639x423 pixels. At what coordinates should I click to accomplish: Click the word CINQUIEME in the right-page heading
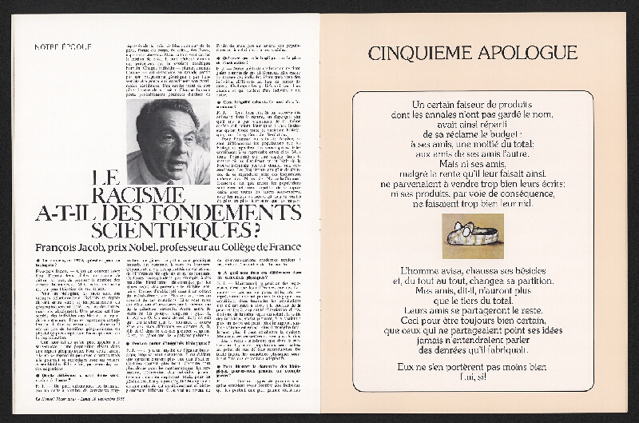(419, 54)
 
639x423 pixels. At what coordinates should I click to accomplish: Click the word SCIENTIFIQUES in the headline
(176, 229)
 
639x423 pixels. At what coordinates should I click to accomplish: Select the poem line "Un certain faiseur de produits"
(474, 106)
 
